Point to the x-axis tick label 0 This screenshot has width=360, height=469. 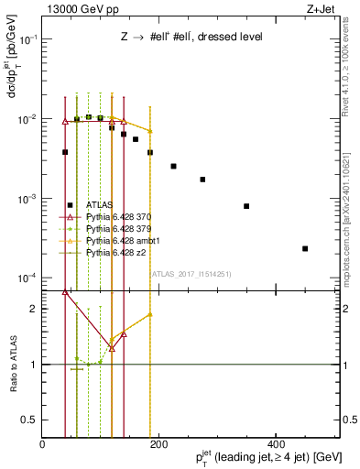pyautogui.click(x=43, y=443)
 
